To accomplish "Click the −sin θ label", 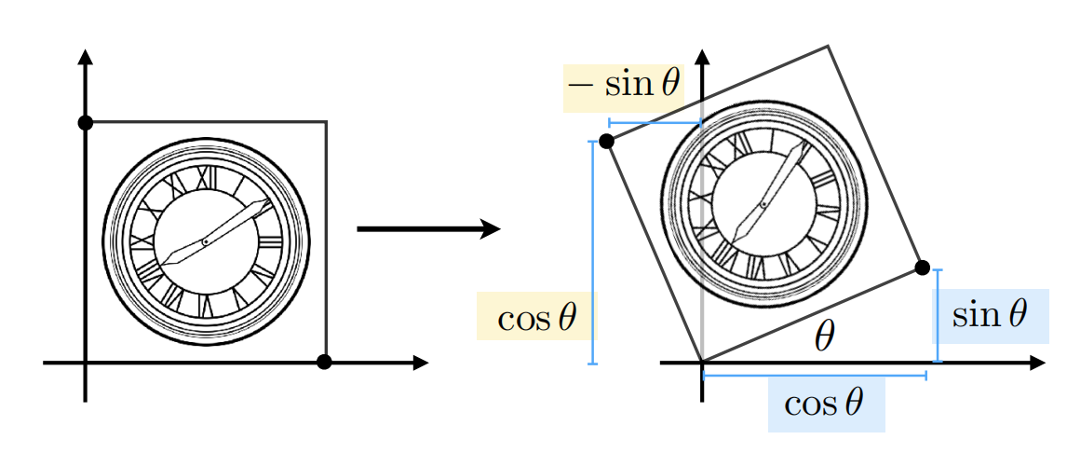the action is (x=624, y=87).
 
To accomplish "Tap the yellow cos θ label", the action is (x=536, y=318).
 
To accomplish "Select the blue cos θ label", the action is (x=825, y=405).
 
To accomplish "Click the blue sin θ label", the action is (x=989, y=315).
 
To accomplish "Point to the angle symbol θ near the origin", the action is (x=823, y=337).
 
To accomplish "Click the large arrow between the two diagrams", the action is (x=429, y=228).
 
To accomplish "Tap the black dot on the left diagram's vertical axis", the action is (x=86, y=122).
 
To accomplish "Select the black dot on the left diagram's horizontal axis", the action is (x=324, y=362).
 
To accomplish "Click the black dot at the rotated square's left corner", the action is (x=606, y=141).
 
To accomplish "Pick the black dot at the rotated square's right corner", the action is (x=922, y=268).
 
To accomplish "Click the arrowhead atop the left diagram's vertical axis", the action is (x=86, y=56).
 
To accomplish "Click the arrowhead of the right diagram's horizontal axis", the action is (x=1037, y=362).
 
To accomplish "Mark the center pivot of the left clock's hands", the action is (x=205, y=242).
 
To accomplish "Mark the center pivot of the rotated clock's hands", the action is (x=763, y=204).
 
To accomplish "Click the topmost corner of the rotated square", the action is (x=827, y=46).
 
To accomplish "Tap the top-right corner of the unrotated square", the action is (x=326, y=122).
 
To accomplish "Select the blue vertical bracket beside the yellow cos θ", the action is (x=592, y=252).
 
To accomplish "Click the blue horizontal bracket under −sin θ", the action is (x=655, y=122).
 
